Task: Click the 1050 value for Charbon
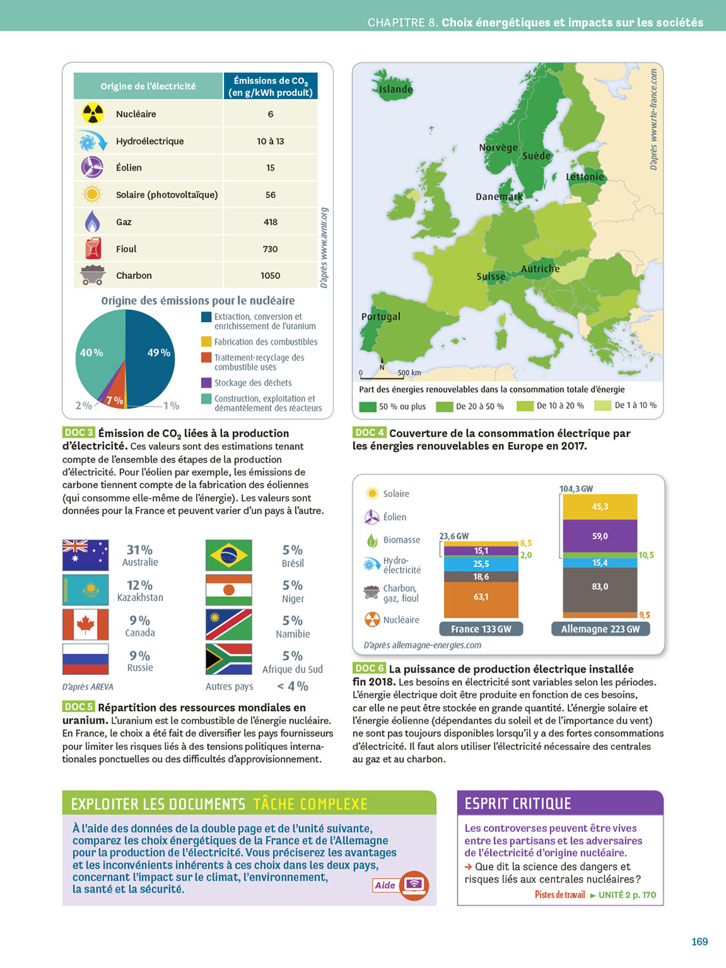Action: [270, 276]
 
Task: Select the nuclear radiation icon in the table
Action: [93, 114]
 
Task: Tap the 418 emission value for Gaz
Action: [270, 222]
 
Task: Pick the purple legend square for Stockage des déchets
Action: [207, 383]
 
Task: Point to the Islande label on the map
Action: [395, 89]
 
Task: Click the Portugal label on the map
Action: [381, 316]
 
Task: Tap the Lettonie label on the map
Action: [585, 177]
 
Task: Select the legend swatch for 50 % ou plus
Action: [367, 407]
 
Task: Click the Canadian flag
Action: [85, 625]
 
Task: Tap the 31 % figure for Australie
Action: [139, 550]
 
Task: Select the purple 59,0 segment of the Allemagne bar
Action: [600, 536]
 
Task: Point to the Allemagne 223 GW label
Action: [600, 629]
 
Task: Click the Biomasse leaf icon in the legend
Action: [372, 540]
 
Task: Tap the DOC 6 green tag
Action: [369, 669]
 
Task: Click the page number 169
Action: [700, 942]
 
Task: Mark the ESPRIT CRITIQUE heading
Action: [518, 803]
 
